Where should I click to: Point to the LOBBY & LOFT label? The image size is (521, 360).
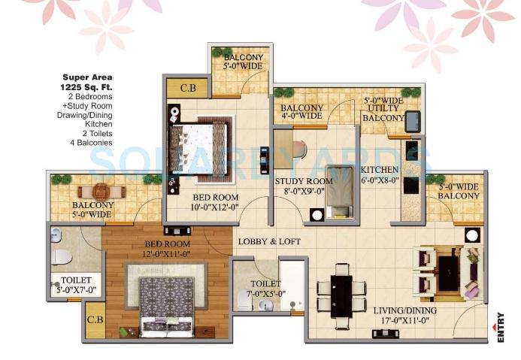point(270,242)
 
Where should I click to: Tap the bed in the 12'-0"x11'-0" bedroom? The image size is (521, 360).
point(168,300)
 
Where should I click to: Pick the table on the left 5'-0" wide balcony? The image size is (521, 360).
point(105,192)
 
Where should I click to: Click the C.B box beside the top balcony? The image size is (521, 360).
point(189,87)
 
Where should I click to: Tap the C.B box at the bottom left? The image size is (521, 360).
point(95,319)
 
